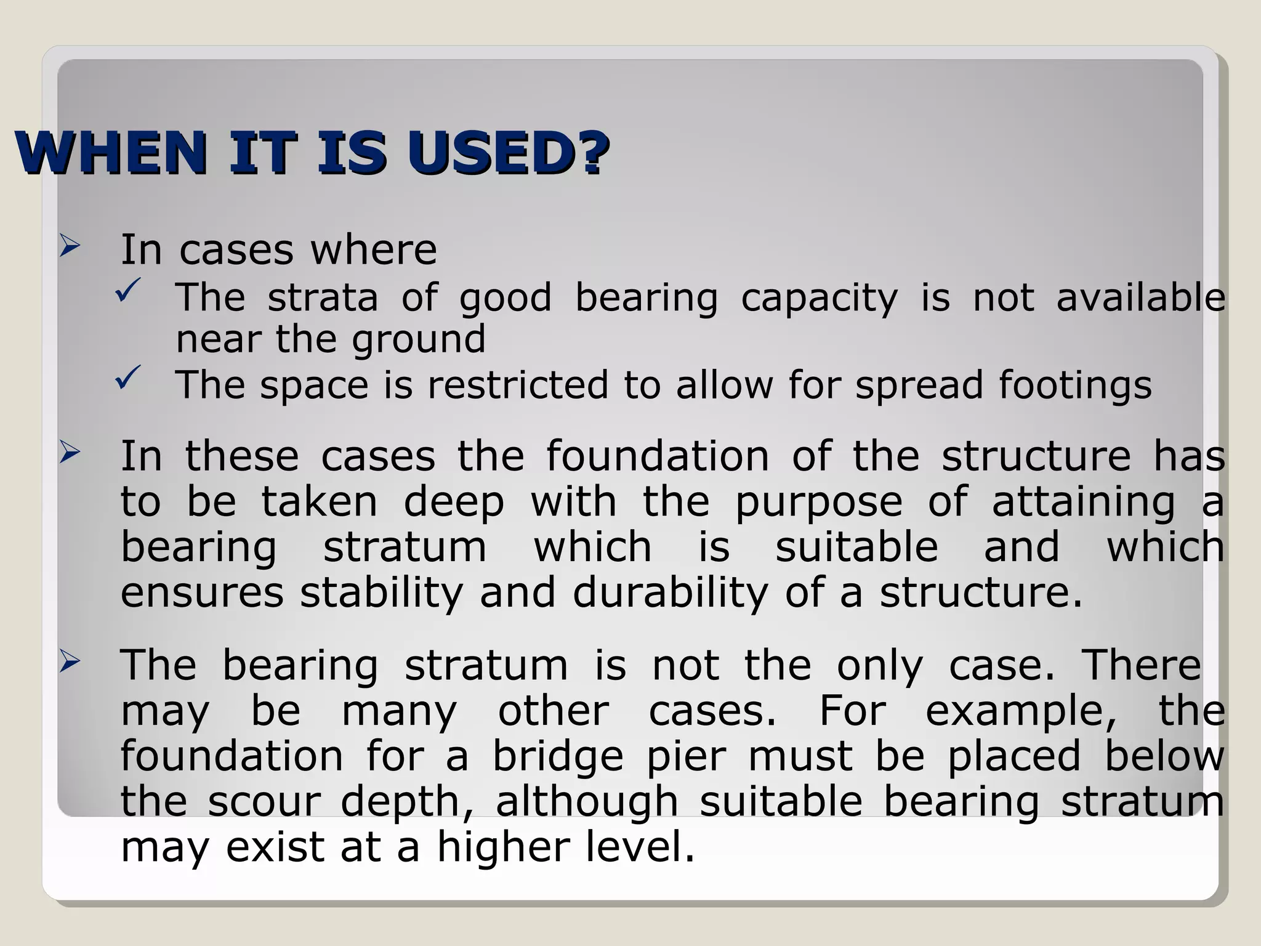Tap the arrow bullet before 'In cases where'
pos(70,247)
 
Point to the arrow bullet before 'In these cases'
pos(70,454)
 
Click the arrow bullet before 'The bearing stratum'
pos(70,663)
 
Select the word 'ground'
pos(419,340)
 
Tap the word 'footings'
pos(1074,386)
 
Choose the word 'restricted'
pos(518,386)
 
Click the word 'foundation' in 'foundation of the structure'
pos(657,456)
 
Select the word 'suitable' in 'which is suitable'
pos(856,547)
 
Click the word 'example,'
pos(1021,712)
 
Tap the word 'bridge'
pos(558,758)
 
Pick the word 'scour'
pos(264,802)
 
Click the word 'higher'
pos(504,847)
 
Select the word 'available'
pos(1141,298)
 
